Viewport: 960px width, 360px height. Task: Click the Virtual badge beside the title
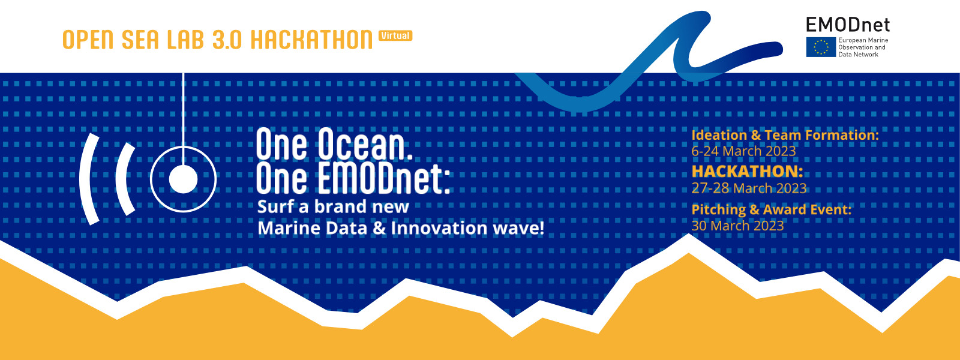click(x=395, y=36)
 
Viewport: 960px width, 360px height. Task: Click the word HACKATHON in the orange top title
click(x=311, y=40)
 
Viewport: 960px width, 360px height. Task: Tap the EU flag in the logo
click(x=821, y=47)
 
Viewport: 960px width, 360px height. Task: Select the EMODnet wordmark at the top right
click(x=847, y=25)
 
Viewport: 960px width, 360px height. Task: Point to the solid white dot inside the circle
click(x=183, y=179)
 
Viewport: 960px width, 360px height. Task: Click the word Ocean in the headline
click(x=365, y=145)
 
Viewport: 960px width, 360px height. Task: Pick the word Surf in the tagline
click(x=275, y=207)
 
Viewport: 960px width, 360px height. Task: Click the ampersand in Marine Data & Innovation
click(x=379, y=228)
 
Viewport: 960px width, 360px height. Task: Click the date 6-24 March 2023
click(x=743, y=151)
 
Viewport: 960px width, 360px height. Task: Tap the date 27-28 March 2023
click(x=749, y=188)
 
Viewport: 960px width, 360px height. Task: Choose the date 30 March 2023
click(x=737, y=226)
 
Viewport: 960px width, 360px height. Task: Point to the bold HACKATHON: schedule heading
click(x=747, y=172)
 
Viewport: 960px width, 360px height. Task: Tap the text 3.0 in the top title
click(x=227, y=40)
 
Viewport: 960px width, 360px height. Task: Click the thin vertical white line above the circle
click(x=183, y=108)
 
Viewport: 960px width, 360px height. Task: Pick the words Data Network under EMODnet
click(x=858, y=55)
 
